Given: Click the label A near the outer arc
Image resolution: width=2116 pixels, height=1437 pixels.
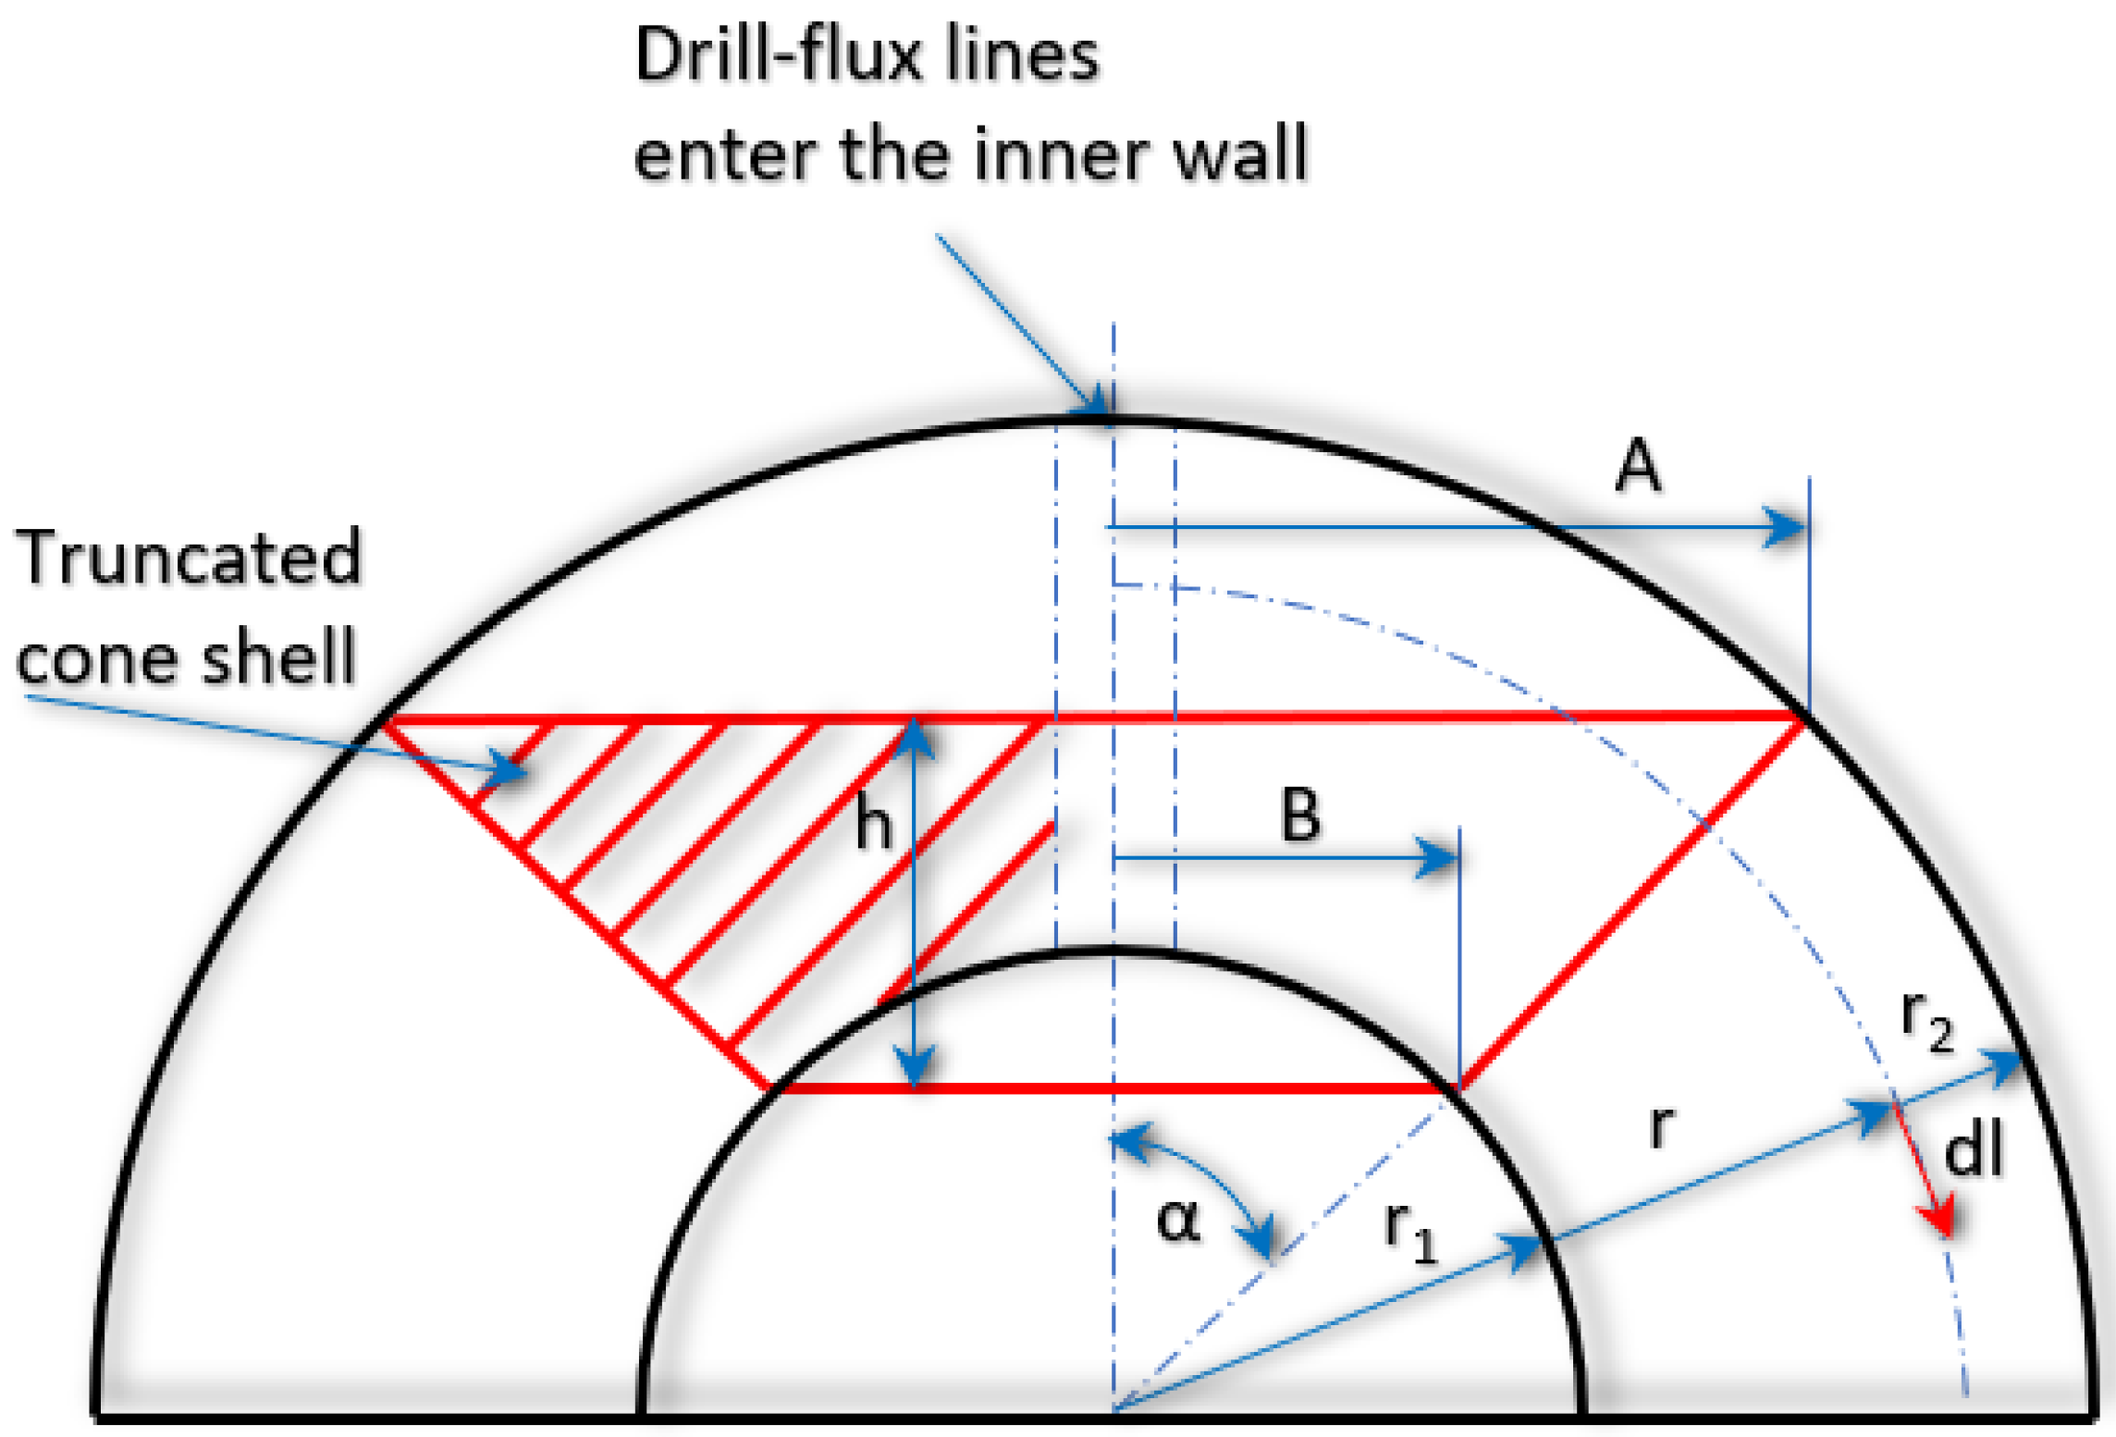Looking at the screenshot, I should click(x=1636, y=466).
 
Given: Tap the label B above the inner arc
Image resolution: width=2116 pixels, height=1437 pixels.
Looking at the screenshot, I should click(x=1299, y=815).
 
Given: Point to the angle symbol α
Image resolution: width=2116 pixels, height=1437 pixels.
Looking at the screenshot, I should click(x=1178, y=1221).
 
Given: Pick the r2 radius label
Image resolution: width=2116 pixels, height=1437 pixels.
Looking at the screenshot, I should click(x=1926, y=1021).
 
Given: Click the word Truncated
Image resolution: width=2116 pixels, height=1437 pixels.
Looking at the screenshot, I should click(x=189, y=558).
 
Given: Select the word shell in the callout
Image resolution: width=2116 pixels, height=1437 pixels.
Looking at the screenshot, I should click(x=278, y=655).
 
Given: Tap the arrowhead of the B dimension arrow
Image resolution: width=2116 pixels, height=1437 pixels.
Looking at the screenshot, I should click(x=1439, y=857).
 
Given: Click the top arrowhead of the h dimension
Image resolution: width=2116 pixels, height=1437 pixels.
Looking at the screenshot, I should click(x=914, y=736).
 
